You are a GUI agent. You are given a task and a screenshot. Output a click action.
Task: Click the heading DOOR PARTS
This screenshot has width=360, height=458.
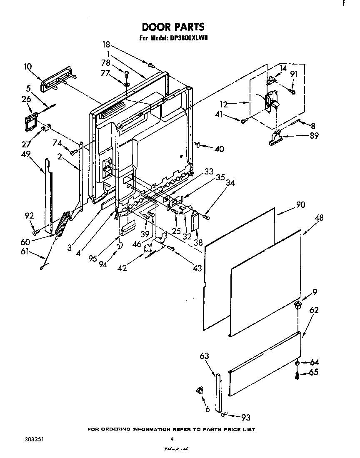click(173, 27)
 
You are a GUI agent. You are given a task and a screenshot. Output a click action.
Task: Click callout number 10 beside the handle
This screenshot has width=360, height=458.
click(27, 66)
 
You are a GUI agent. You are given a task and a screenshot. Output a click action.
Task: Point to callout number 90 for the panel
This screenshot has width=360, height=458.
click(301, 205)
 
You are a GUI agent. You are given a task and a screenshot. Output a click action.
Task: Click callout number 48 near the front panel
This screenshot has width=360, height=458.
click(320, 218)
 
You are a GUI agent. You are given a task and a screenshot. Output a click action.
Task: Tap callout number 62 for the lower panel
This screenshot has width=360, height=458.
click(314, 310)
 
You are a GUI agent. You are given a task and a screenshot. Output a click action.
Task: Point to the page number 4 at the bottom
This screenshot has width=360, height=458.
click(172, 439)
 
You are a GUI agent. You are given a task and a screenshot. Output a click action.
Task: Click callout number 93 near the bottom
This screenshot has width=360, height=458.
click(246, 418)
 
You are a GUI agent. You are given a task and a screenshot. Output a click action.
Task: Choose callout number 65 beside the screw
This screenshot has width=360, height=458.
click(314, 373)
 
